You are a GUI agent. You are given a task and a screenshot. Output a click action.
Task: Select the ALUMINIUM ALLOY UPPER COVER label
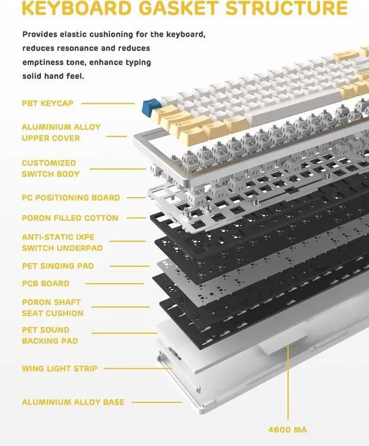point(61,132)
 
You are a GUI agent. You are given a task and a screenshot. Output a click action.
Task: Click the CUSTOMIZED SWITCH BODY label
point(51,168)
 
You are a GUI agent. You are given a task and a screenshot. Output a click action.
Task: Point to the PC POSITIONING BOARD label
point(71,197)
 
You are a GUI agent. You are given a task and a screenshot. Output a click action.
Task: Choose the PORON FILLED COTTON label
point(70,218)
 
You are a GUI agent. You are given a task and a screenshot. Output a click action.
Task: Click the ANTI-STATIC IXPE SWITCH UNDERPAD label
point(62,242)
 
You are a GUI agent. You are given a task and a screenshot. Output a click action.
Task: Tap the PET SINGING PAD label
point(58,266)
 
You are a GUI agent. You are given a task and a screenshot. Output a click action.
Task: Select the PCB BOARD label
point(46,283)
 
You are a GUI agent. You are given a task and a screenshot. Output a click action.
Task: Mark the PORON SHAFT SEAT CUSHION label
point(52,307)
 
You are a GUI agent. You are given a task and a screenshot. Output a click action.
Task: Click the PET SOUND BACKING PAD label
point(50,336)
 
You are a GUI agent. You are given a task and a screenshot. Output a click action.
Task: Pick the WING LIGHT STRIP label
point(59,368)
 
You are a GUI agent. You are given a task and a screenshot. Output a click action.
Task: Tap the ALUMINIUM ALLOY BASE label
point(73,402)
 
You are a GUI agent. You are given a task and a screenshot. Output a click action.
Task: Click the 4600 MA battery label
point(287,429)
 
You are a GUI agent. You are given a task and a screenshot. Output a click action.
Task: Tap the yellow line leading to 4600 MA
point(287,391)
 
